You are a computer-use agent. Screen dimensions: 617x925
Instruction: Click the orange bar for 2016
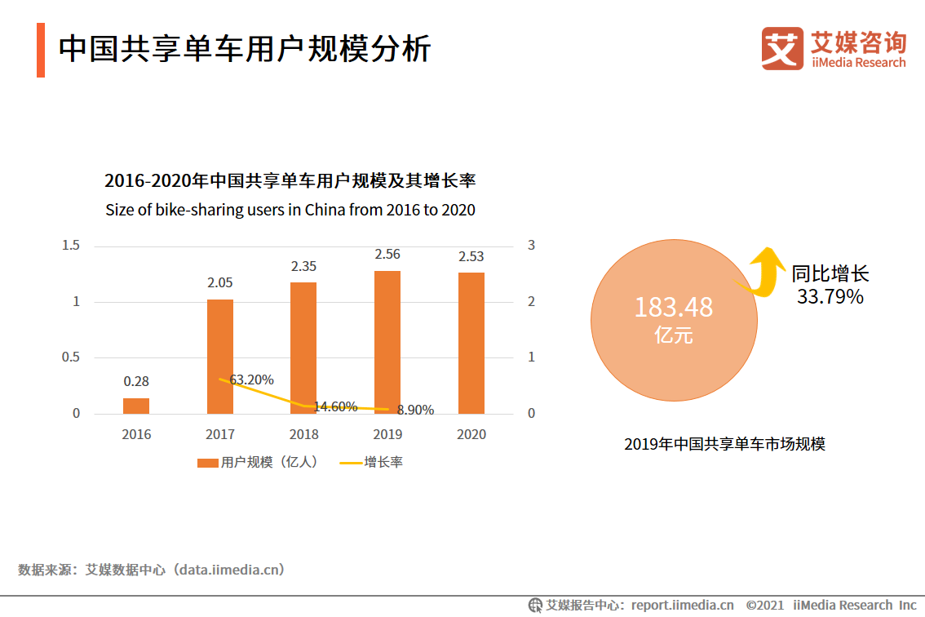pyautogui.click(x=136, y=406)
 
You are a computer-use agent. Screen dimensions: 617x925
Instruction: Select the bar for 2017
pyautogui.click(x=220, y=357)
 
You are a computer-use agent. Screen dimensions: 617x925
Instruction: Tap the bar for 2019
pyautogui.click(x=387, y=342)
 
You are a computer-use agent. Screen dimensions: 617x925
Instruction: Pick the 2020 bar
pyautogui.click(x=471, y=343)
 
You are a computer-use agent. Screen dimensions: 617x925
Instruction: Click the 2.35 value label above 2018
pyautogui.click(x=303, y=266)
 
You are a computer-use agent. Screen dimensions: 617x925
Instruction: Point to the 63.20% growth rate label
pyautogui.click(x=251, y=380)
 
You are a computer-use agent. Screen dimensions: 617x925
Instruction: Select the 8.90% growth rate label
pyautogui.click(x=415, y=410)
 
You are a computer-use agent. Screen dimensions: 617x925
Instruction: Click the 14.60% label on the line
pyautogui.click(x=335, y=406)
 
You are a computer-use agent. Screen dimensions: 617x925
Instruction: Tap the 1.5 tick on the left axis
pyautogui.click(x=71, y=246)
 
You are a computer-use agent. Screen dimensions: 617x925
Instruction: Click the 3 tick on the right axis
pyautogui.click(x=531, y=246)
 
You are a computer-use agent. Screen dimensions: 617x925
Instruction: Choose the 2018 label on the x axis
pyautogui.click(x=303, y=434)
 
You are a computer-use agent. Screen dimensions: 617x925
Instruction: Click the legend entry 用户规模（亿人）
pyautogui.click(x=257, y=462)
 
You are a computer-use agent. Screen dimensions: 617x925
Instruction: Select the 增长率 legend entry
pyautogui.click(x=371, y=462)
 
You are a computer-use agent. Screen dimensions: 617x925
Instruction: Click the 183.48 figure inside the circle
pyautogui.click(x=673, y=308)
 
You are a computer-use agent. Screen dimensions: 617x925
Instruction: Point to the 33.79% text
pyautogui.click(x=830, y=297)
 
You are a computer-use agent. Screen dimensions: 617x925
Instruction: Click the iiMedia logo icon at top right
pyautogui.click(x=782, y=49)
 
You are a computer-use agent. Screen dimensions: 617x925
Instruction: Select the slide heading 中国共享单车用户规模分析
pyautogui.click(x=245, y=49)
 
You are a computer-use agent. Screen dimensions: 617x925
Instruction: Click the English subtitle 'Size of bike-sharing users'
pyautogui.click(x=290, y=210)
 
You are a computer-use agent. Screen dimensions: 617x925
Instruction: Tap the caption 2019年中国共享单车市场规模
pyautogui.click(x=724, y=444)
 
